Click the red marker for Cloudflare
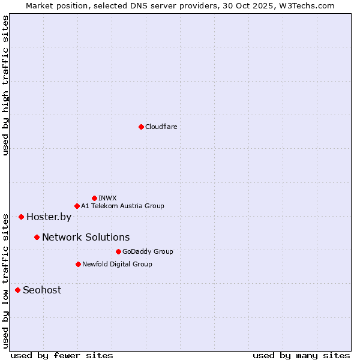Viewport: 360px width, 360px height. point(141,127)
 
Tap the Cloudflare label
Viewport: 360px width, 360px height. point(161,127)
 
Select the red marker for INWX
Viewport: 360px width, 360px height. point(94,198)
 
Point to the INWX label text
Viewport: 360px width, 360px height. point(107,198)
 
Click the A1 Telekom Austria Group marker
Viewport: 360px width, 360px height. point(77,206)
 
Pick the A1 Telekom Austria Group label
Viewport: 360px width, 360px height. point(122,206)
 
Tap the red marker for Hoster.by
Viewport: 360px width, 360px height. point(21,217)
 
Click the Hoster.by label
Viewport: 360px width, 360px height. point(49,217)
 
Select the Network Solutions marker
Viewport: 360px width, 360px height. point(37,237)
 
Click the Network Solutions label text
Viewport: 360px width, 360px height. point(86,237)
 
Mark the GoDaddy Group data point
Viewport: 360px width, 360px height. point(118,251)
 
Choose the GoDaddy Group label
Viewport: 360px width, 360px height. point(148,251)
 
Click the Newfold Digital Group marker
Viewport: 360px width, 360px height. point(78,264)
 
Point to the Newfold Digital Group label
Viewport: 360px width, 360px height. point(117,264)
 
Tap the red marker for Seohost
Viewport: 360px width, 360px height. point(17,290)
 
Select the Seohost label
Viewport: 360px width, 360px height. point(42,290)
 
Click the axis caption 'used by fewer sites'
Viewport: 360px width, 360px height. point(62,355)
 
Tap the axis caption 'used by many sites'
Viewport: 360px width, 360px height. point(301,355)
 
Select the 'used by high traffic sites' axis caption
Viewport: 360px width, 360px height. point(5,85)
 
